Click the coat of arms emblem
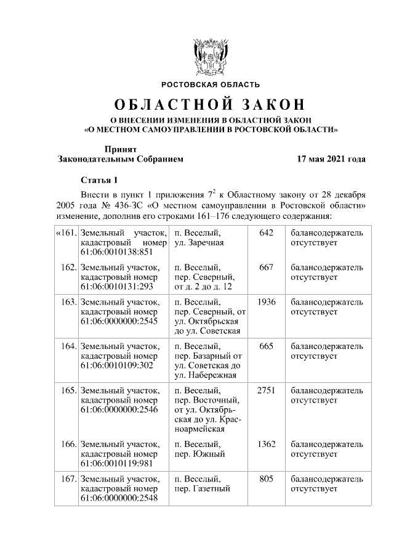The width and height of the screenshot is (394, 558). pyautogui.click(x=211, y=56)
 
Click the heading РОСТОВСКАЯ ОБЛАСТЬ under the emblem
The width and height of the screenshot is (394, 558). pyautogui.click(x=211, y=84)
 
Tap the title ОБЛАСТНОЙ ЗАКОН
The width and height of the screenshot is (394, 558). pyautogui.click(x=211, y=104)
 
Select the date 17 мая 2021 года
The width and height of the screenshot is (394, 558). pyautogui.click(x=331, y=159)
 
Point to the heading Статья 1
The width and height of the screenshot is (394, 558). pyautogui.click(x=98, y=180)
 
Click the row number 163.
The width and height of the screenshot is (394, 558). pyautogui.click(x=68, y=303)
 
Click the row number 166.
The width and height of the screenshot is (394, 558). pyautogui.click(x=68, y=444)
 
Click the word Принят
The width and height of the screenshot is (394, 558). pyautogui.click(x=120, y=149)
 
